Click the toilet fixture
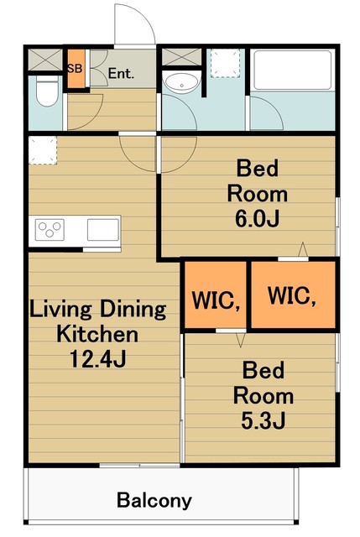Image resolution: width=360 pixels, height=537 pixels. [x=47, y=91]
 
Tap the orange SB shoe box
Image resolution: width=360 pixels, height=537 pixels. [x=76, y=69]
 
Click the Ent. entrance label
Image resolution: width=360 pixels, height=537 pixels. [x=121, y=73]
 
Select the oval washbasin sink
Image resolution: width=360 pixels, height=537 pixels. [x=181, y=82]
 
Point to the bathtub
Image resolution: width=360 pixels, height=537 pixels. [x=293, y=70]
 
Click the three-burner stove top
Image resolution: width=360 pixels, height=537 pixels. [x=50, y=229]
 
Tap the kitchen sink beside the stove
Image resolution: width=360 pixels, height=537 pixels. [x=102, y=229]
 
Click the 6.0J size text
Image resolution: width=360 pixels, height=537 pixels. [x=258, y=218]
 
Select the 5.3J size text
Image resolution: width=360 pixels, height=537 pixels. [x=263, y=420]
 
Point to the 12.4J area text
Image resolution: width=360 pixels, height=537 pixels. [x=98, y=358]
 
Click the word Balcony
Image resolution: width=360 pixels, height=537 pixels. [x=154, y=501]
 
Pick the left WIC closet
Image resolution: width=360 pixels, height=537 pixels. [x=216, y=295]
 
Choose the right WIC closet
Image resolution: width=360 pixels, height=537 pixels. [x=293, y=295]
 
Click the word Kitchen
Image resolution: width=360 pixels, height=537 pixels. [x=97, y=334]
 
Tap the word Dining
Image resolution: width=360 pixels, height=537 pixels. [x=133, y=310]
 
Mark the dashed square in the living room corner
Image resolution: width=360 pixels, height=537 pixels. [x=43, y=150]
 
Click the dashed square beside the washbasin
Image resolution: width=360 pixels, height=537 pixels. [x=225, y=63]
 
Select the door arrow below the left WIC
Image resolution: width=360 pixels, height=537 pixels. [x=241, y=341]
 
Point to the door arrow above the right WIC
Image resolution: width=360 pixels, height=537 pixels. [x=303, y=249]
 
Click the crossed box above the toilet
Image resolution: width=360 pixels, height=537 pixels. [x=45, y=60]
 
